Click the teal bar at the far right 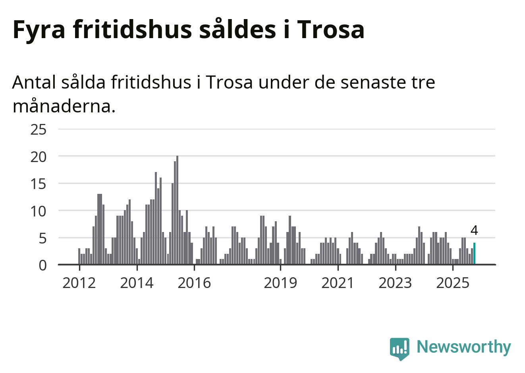(x=474, y=253)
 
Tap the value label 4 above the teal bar (x=474, y=230)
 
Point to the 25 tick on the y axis (x=39, y=129)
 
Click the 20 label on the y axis (x=39, y=157)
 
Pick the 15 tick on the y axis (x=39, y=184)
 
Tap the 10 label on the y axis (x=39, y=211)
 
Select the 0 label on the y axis (x=42, y=265)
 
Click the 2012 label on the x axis (x=79, y=283)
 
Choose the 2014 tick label (x=137, y=283)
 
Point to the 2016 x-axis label (x=194, y=283)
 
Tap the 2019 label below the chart (x=280, y=283)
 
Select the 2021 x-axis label (x=338, y=283)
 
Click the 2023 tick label (x=395, y=283)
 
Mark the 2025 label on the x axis (x=453, y=283)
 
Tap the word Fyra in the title (x=39, y=29)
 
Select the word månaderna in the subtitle (x=64, y=106)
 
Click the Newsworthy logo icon (x=400, y=348)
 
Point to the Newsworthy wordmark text (x=463, y=347)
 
